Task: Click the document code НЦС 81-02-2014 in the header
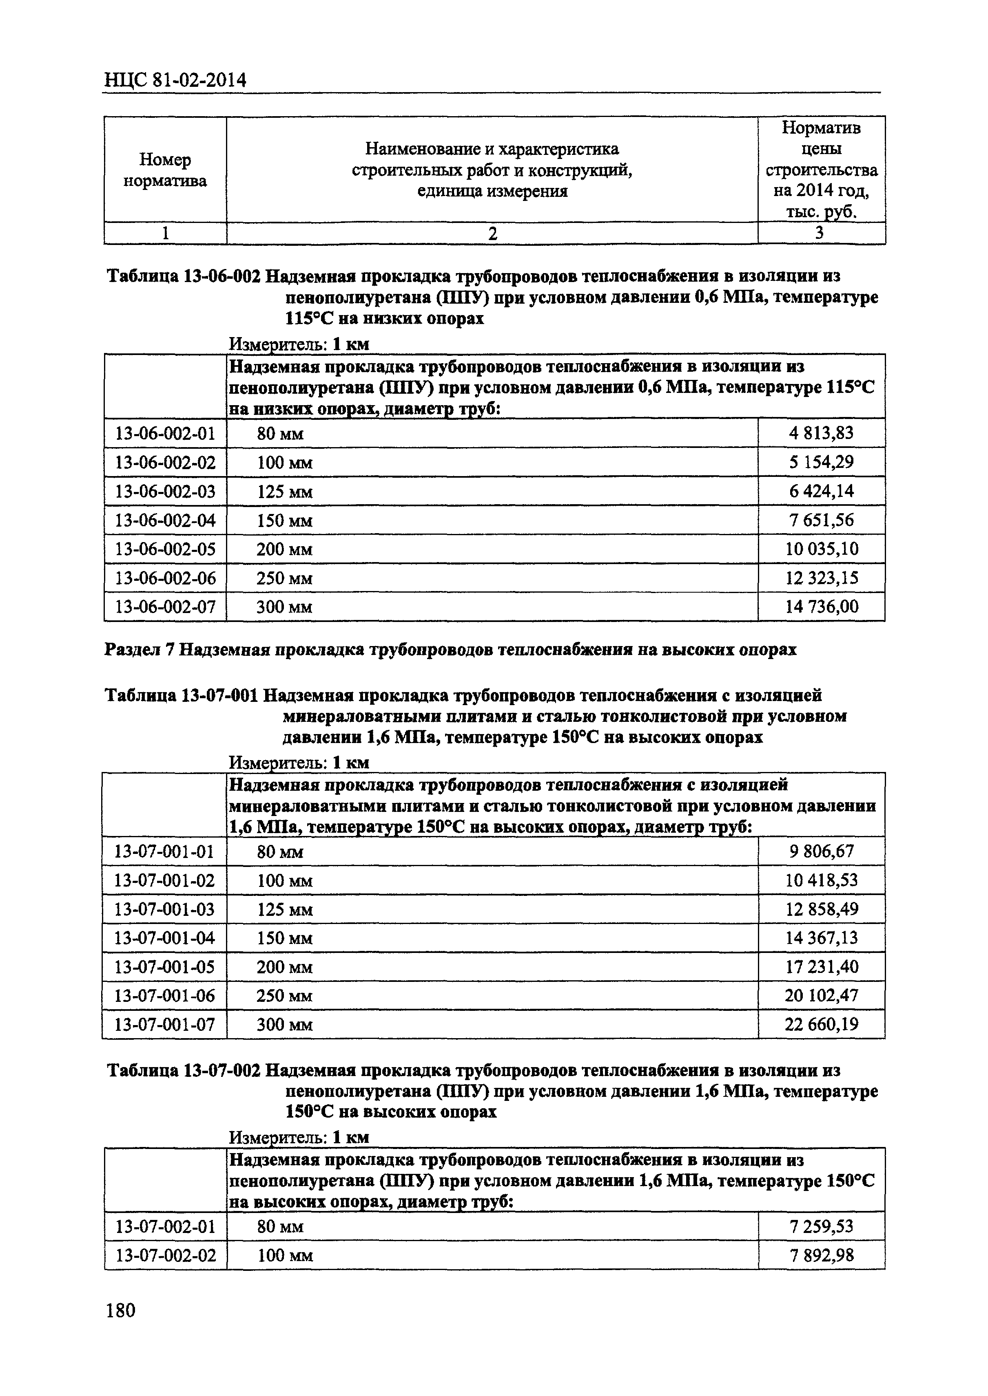(175, 79)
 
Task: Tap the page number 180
(120, 1310)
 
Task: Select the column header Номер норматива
(165, 170)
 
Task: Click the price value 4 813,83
(821, 433)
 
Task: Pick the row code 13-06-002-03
(165, 491)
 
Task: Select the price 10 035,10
(821, 549)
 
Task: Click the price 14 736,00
(821, 607)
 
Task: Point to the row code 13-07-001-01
(164, 851)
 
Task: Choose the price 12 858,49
(821, 910)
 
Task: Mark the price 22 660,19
(821, 1025)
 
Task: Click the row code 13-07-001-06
(164, 996)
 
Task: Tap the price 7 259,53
(821, 1226)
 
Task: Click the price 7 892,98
(821, 1255)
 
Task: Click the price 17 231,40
(821, 967)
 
